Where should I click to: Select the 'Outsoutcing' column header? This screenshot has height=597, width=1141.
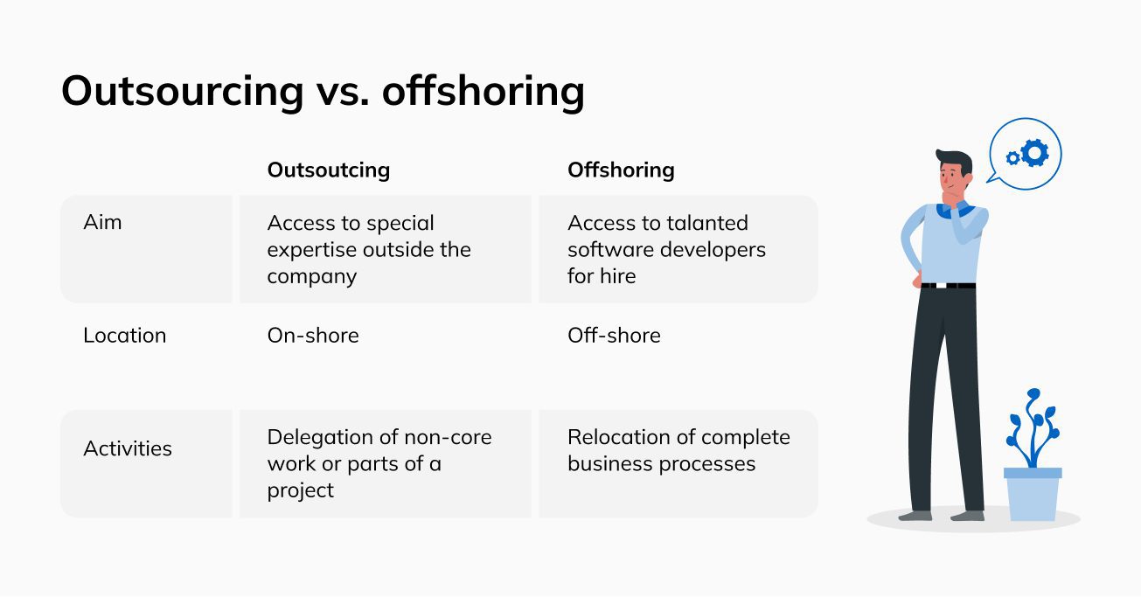coord(329,170)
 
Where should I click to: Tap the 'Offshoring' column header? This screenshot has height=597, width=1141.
coord(621,170)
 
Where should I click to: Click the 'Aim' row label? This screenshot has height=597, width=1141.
coord(102,223)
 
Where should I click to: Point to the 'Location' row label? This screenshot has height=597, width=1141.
coord(125,336)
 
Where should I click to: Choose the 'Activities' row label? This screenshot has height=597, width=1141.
coord(128,448)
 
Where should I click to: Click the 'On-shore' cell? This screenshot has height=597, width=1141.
coord(313,336)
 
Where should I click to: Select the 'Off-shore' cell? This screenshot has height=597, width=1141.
coord(614,336)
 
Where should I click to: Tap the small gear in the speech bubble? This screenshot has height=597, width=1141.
coord(1013,158)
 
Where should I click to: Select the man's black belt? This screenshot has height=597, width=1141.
coord(948,286)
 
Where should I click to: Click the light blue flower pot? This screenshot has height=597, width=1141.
coord(1033,494)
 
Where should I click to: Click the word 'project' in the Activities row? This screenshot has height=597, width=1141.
coord(301,491)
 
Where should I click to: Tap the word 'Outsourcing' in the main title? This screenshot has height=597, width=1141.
coord(183,92)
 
